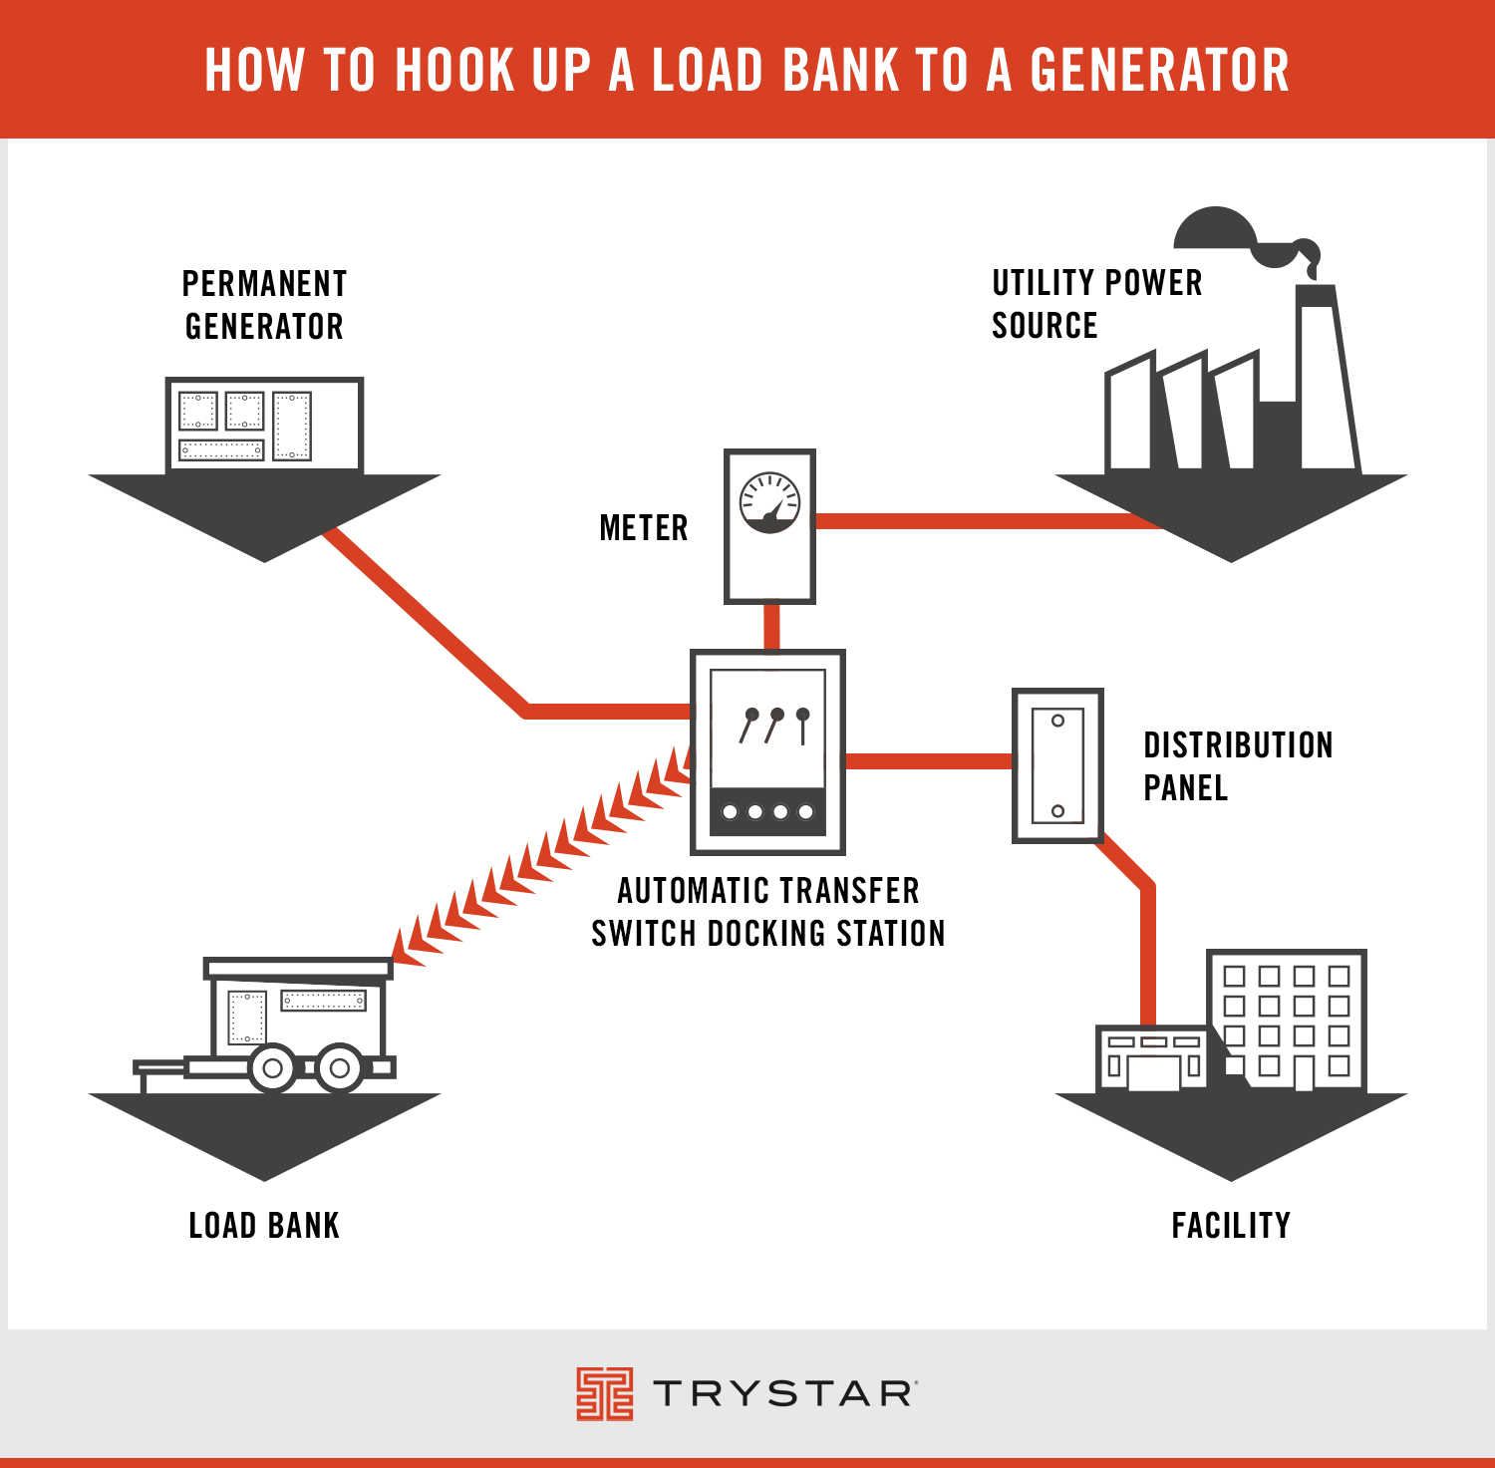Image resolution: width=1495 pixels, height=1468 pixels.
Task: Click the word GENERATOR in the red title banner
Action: click(1159, 70)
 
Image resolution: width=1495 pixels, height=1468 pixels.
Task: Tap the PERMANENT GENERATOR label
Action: click(264, 305)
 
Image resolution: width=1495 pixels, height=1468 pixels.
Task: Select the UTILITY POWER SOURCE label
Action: click(1096, 304)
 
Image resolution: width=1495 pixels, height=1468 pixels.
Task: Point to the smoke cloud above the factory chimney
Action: click(1216, 229)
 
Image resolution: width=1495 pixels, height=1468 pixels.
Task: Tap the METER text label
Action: click(644, 527)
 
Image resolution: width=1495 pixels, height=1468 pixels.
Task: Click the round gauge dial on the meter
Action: click(769, 502)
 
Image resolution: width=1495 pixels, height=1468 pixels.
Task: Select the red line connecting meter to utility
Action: click(987, 521)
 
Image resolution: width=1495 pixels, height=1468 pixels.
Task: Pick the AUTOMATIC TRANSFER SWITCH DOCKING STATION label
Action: click(768, 912)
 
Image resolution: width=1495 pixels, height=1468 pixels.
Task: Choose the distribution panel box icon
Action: click(1057, 764)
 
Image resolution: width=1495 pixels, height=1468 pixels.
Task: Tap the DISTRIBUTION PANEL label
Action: click(1237, 766)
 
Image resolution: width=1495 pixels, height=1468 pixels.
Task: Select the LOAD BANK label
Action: click(264, 1225)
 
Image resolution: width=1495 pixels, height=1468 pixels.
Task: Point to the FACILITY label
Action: click(1231, 1225)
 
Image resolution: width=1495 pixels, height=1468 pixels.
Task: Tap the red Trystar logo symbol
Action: click(604, 1393)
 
